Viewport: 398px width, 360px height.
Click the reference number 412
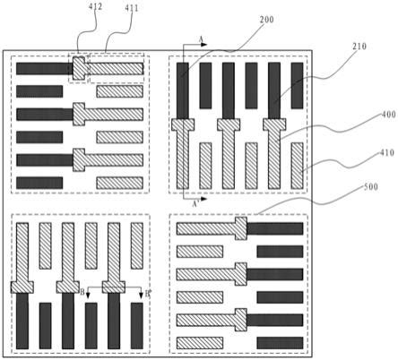95,6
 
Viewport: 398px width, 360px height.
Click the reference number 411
132,8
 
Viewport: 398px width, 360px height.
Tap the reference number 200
266,20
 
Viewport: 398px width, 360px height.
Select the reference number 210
359,47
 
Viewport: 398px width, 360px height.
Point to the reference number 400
388,115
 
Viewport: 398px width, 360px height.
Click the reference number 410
387,153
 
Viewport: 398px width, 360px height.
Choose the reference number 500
371,187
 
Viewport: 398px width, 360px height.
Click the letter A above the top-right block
201,39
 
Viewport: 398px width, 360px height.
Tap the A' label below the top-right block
195,204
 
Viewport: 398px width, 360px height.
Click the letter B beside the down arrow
82,292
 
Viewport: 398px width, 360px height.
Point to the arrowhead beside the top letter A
203,45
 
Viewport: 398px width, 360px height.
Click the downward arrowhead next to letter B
88,296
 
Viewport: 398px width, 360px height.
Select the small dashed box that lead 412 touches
79,68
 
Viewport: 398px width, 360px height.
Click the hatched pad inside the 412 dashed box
79,68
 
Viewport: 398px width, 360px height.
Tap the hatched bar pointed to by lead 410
297,166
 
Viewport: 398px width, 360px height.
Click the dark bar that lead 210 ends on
274,90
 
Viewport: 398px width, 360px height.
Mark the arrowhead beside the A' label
203,199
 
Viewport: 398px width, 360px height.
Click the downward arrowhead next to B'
141,296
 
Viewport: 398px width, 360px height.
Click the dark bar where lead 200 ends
183,90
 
